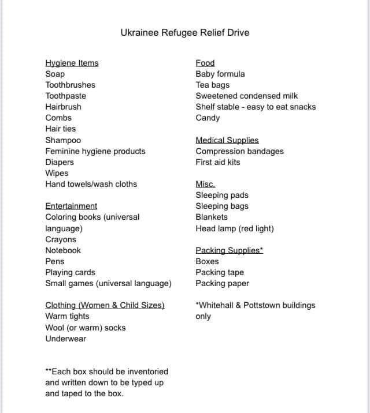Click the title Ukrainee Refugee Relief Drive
pos(185,32)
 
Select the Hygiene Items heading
pos(72,63)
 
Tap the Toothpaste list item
pos(65,96)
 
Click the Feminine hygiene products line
pos(95,151)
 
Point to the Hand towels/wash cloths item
pos(91,184)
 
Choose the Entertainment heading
pos(71,206)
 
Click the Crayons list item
pos(61,239)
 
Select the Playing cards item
pos(71,272)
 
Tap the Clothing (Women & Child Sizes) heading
pos(105,305)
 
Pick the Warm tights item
pos(67,316)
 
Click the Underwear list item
pos(66,339)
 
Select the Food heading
pos(205,63)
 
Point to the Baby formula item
pos(220,74)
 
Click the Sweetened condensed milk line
pos(247,96)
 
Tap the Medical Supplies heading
pos(227,140)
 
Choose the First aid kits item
pos(218,162)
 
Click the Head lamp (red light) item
pos(235,228)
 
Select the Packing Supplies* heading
pos(230,250)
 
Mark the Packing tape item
pos(220,272)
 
